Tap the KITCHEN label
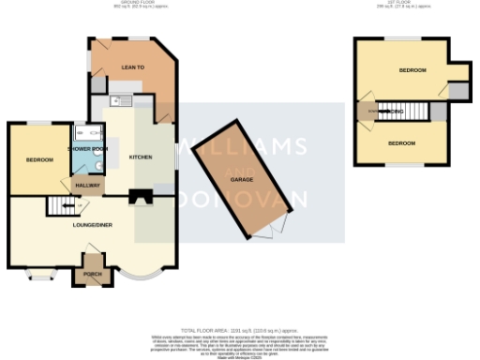141,157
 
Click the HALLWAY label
88,186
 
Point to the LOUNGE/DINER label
94,226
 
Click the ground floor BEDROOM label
38,160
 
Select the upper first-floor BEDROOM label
412,70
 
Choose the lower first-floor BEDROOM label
401,142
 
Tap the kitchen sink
118,100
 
